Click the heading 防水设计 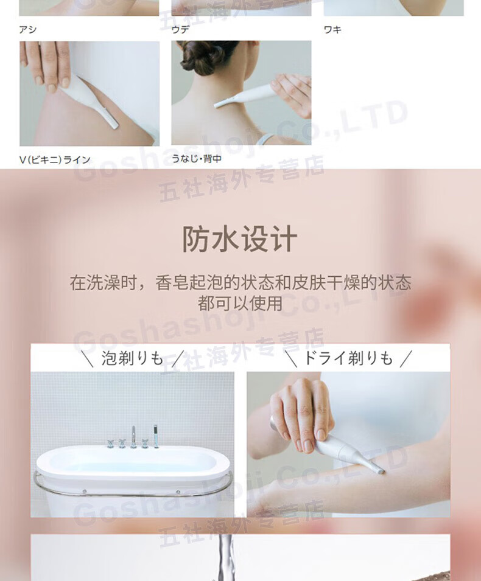click(x=239, y=239)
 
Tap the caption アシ click(x=28, y=29)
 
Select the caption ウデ click(x=180, y=29)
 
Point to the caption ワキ click(x=332, y=29)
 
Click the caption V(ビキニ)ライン click(x=55, y=160)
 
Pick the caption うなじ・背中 click(x=197, y=159)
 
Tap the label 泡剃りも click(x=132, y=358)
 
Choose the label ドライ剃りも click(x=348, y=358)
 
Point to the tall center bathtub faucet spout click(x=133, y=437)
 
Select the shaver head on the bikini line click(x=113, y=122)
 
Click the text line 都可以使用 click(x=240, y=304)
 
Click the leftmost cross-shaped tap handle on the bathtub click(x=111, y=443)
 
